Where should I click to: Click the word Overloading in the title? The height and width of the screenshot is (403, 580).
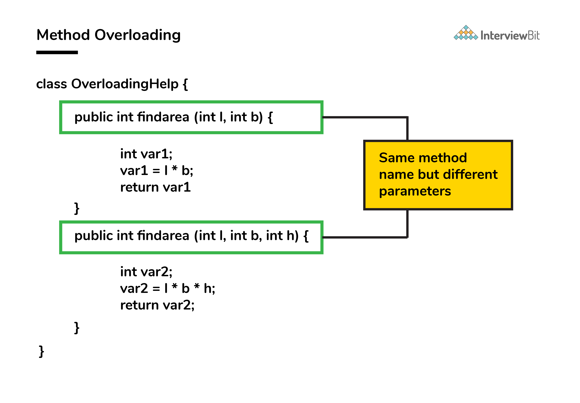tap(138, 35)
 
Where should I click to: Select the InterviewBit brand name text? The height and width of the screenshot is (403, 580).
tap(510, 35)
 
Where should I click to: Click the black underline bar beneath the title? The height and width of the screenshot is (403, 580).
tap(57, 52)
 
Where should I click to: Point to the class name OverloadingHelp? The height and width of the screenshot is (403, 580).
tap(125, 84)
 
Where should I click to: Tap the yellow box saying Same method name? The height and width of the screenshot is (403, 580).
tap(438, 175)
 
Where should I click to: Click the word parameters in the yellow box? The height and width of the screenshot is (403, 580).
tap(415, 192)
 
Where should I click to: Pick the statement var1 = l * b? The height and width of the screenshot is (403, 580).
tap(157, 171)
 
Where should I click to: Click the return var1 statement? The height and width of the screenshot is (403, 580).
tap(155, 187)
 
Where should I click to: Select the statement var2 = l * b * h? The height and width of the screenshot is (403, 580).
tap(168, 288)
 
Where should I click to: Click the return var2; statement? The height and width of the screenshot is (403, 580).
tap(157, 305)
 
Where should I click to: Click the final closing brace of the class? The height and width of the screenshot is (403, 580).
tap(41, 351)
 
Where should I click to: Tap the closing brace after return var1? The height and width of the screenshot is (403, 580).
tap(77, 208)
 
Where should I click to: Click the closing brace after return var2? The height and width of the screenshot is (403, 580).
tap(77, 328)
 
